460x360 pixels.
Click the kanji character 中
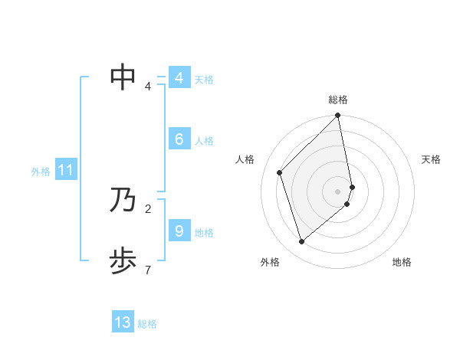click(x=123, y=77)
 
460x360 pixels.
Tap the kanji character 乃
click(x=123, y=201)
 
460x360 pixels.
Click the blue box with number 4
click(x=179, y=78)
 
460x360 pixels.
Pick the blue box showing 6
click(x=179, y=139)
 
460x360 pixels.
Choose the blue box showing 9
click(x=179, y=231)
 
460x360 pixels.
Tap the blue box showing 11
click(x=66, y=171)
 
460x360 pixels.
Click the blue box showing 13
click(x=123, y=322)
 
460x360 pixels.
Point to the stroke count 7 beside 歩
click(x=147, y=270)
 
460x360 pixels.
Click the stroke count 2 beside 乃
click(x=147, y=208)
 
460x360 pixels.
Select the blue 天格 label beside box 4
click(x=204, y=80)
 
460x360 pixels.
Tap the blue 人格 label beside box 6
click(x=204, y=141)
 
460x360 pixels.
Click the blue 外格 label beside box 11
click(x=41, y=172)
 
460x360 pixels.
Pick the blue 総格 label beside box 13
click(x=147, y=324)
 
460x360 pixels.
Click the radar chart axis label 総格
click(x=338, y=100)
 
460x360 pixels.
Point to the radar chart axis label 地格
click(x=402, y=262)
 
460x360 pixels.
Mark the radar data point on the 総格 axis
click(x=338, y=116)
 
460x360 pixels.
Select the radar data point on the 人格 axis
click(x=280, y=172)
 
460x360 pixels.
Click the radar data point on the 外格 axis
click(x=302, y=241)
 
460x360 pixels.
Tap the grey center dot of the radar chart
click(x=338, y=191)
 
